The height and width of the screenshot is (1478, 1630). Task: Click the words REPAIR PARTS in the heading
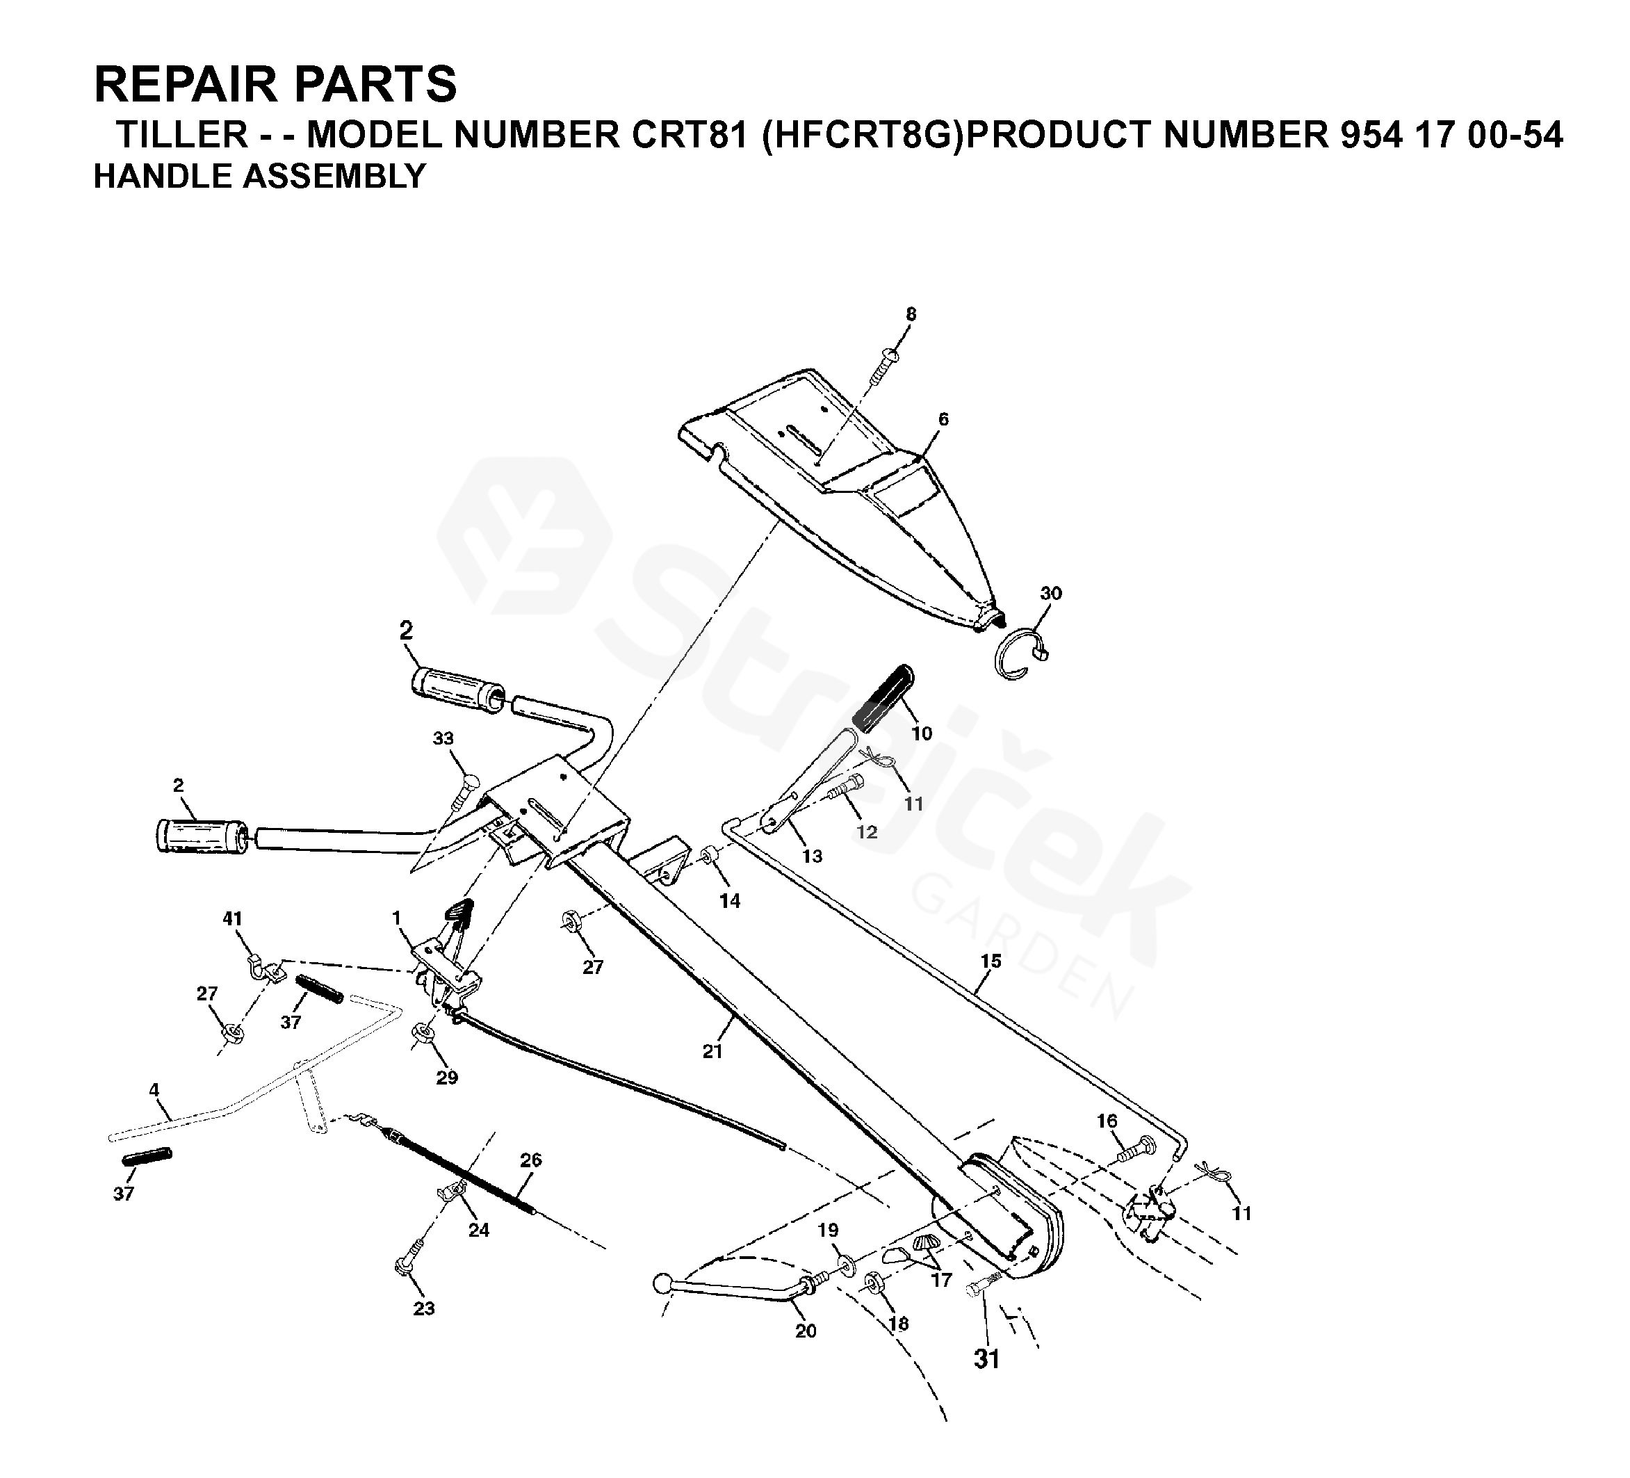(x=275, y=84)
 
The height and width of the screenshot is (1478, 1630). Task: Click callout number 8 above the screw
(x=911, y=314)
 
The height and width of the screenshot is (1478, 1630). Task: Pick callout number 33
(x=443, y=738)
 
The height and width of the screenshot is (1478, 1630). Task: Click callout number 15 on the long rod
(x=991, y=961)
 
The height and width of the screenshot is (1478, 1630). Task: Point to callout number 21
(x=712, y=1051)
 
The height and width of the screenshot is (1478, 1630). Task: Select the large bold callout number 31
(x=986, y=1360)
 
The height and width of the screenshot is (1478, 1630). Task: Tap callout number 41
(x=232, y=918)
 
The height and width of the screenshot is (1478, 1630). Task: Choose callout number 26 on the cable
(x=530, y=1160)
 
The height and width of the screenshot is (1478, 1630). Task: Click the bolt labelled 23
(x=407, y=1265)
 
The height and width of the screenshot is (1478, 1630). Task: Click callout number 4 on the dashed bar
(x=154, y=1090)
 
